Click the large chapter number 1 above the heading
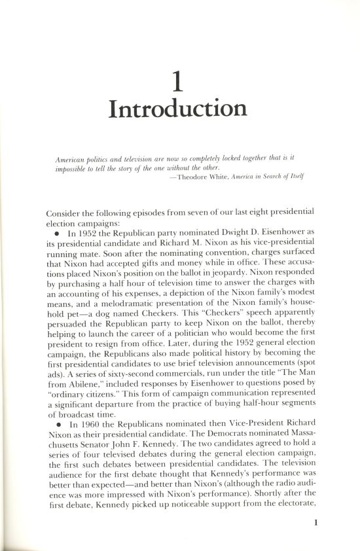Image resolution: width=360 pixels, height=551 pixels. [177, 82]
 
